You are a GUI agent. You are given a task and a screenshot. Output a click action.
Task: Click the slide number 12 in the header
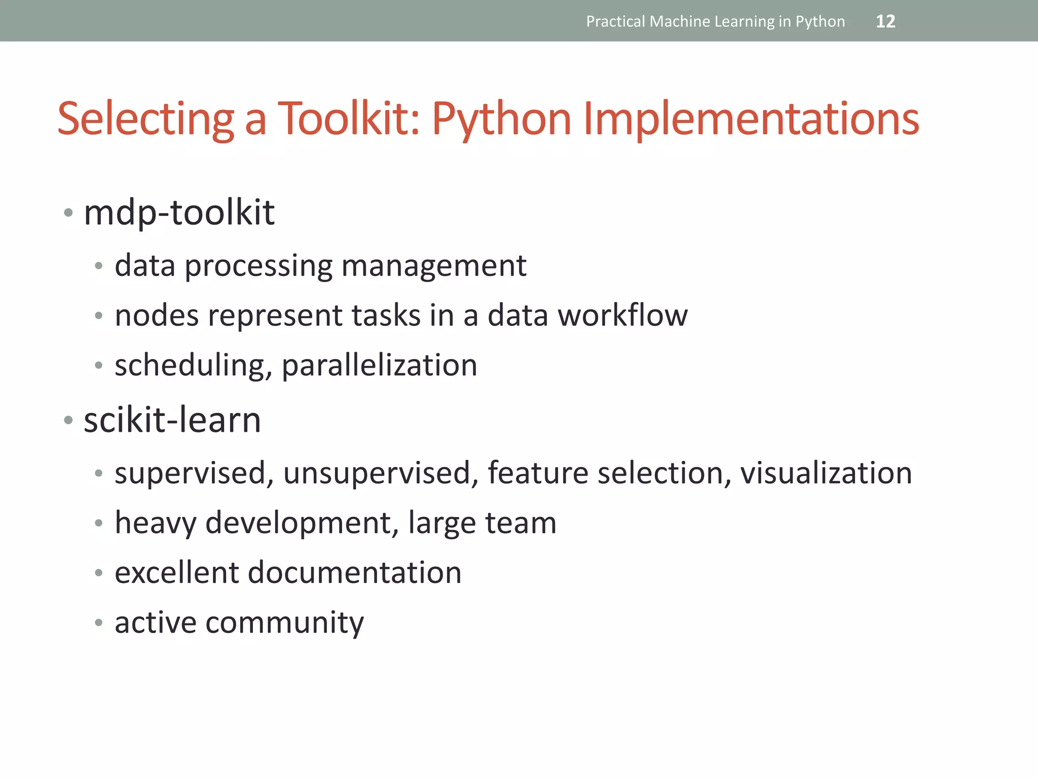point(885,21)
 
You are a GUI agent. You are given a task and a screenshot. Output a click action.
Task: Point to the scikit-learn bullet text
point(172,420)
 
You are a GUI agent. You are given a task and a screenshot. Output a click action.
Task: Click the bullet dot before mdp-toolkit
point(68,212)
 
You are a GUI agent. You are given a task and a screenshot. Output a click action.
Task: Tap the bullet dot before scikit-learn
point(68,420)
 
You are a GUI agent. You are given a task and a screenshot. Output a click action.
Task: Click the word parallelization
point(379,365)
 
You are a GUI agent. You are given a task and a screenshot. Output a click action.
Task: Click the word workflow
point(623,315)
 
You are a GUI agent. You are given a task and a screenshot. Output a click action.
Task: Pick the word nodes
point(157,315)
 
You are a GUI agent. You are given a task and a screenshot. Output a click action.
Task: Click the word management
point(434,265)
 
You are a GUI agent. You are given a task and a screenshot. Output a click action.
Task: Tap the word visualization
point(826,473)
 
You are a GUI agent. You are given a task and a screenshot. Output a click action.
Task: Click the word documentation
point(354,572)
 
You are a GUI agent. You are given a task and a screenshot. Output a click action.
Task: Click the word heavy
point(156,523)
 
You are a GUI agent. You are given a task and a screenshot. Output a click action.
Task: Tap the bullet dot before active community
point(99,622)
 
